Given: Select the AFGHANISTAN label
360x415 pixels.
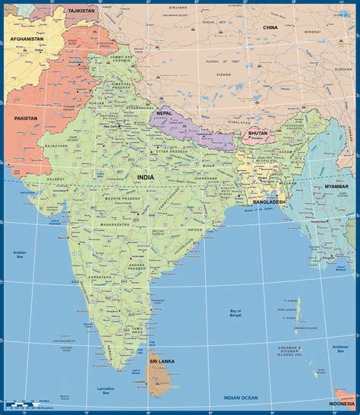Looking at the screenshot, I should (27, 39).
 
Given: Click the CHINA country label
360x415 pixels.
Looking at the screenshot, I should (270, 27).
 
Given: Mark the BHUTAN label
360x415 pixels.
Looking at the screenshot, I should (257, 132).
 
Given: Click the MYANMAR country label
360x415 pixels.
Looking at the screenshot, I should (336, 186).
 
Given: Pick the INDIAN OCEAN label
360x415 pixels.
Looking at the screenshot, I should (241, 398).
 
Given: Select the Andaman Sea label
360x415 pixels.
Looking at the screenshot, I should (340, 349).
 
